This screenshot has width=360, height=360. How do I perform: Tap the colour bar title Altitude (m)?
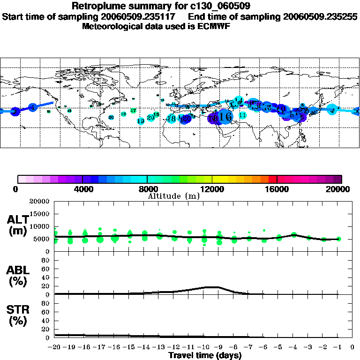[173, 196]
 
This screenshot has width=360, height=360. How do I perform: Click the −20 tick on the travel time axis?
[55, 347]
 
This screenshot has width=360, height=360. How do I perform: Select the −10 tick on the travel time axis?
[203, 347]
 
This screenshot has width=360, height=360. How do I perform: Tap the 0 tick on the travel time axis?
[352, 347]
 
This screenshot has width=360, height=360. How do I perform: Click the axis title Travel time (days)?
[205, 356]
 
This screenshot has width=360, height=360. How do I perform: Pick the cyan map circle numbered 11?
[242, 115]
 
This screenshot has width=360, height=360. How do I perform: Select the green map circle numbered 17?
[134, 111]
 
